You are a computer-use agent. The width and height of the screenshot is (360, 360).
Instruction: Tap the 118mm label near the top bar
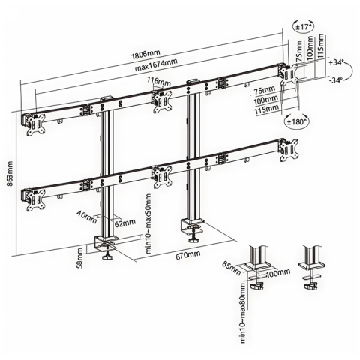(158, 80)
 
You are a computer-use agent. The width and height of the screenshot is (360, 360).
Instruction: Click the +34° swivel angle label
(335, 63)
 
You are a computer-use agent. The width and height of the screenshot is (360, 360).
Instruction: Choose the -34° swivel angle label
(335, 79)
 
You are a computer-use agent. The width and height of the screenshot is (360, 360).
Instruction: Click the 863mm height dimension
(8, 175)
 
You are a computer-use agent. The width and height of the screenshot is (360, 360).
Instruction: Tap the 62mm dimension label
(124, 223)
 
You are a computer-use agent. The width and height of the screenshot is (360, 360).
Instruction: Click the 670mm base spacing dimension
(190, 256)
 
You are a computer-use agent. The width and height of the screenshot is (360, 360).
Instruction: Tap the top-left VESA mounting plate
(34, 124)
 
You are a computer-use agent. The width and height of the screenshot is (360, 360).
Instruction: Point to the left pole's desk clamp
(106, 244)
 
